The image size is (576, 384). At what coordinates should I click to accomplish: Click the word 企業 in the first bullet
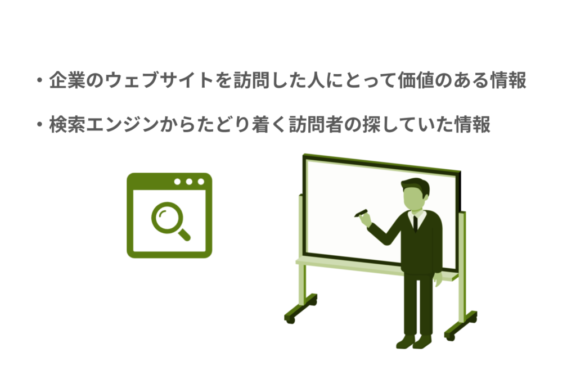tap(68, 80)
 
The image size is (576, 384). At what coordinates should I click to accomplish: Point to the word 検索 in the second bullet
tap(68, 124)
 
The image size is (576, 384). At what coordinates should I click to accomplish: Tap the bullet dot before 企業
tap(39, 81)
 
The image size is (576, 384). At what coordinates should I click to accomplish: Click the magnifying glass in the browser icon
tap(169, 220)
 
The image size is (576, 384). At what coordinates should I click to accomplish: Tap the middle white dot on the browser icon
tap(188, 182)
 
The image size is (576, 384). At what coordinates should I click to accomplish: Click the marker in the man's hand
tap(361, 213)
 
